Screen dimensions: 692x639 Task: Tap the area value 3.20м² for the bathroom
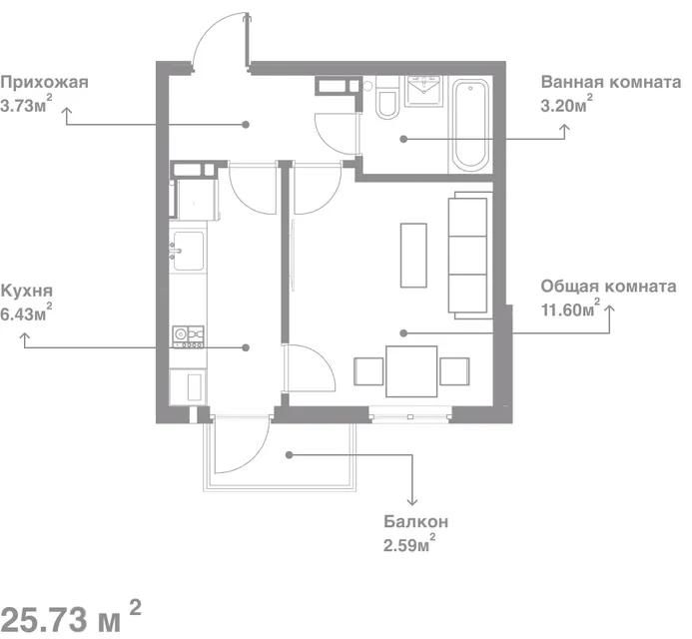pos(566,104)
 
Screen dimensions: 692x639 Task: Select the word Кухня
pos(27,291)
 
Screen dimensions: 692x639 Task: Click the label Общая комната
pos(608,287)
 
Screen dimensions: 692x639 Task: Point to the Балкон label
pos(415,521)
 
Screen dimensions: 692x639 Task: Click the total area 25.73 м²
pos(71,617)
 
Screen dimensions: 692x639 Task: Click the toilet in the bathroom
pos(387,98)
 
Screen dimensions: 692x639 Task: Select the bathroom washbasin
pos(423,91)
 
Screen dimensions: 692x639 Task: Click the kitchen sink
pos(189,251)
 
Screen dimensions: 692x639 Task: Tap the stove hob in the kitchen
pos(189,336)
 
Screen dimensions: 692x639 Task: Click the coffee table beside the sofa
pos(413,256)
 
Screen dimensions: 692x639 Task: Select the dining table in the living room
pos(411,371)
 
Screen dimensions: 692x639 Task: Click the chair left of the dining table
pos(368,371)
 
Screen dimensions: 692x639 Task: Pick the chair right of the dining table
pos(454,371)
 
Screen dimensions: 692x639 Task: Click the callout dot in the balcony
pos(289,454)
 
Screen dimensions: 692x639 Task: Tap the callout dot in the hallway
pos(246,125)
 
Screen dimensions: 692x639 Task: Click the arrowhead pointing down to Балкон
pos(412,502)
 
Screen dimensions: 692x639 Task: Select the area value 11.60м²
pos(570,309)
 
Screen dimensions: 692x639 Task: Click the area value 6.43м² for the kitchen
pos(26,314)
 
